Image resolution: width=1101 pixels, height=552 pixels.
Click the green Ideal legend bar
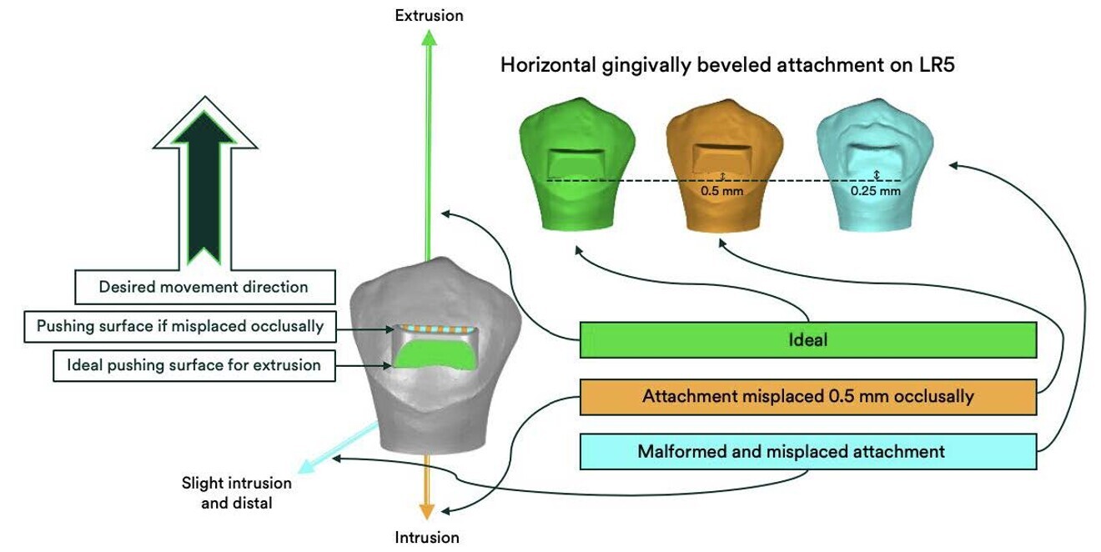807,341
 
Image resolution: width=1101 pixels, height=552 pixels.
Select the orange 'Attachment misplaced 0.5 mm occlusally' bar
807,397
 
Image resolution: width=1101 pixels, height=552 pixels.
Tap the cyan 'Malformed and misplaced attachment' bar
807,451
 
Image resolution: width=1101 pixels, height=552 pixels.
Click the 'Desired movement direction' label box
204,287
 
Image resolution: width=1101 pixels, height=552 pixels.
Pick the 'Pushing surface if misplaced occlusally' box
179,326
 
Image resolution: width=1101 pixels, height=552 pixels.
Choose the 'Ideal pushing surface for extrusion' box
194,365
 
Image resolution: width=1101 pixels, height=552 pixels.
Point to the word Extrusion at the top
429,15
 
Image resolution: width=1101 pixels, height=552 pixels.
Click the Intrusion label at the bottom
427,537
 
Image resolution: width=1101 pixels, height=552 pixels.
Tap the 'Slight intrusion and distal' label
237,493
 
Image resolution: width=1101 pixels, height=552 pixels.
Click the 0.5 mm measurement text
721,190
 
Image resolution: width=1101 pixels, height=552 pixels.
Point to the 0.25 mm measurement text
875,190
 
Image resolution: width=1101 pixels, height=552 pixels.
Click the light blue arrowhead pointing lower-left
305,469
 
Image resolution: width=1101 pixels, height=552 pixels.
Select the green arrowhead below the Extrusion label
428,37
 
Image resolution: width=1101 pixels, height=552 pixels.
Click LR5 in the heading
932,65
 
